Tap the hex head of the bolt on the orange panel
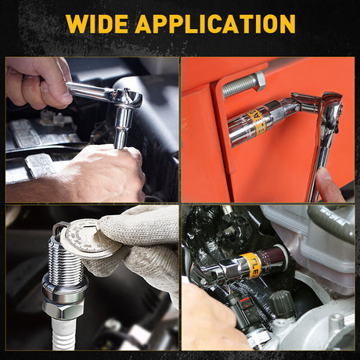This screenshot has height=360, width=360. [x=259, y=80]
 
